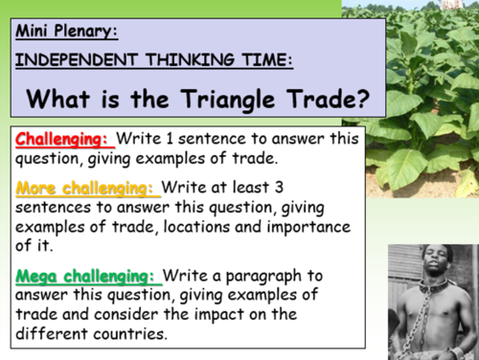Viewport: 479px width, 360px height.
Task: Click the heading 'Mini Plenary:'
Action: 66,31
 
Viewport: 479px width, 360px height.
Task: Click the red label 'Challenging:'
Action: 60,140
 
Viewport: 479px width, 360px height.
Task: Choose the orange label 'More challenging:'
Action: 87,188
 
